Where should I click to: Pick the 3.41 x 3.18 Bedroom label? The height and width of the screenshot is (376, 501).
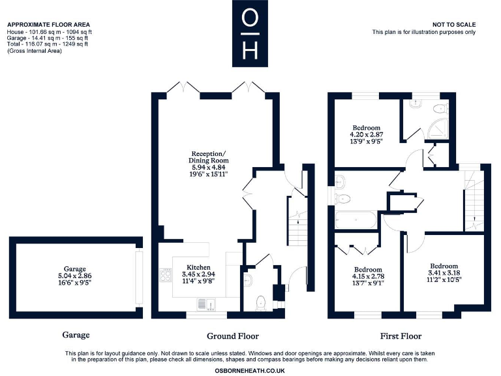[443, 274]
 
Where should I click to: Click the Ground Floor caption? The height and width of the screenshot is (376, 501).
[233, 336]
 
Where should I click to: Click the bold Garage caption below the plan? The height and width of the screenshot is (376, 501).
[76, 335]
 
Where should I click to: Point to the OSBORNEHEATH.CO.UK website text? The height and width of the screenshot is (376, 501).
[250, 370]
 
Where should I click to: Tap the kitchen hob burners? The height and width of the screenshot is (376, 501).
[164, 275]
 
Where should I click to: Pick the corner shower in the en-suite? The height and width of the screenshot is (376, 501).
[441, 112]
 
